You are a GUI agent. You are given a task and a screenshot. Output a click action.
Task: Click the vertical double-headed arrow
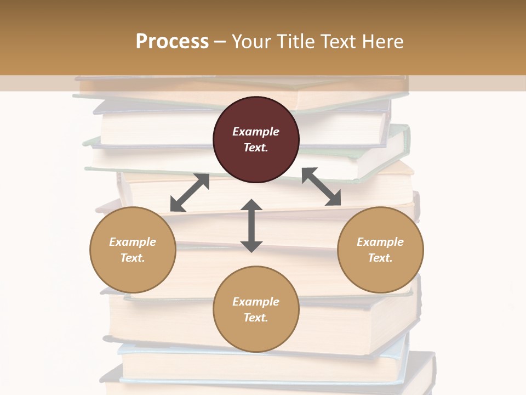251,225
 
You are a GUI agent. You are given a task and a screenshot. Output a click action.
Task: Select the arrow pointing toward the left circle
190,193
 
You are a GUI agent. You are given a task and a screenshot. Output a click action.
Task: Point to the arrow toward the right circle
322,187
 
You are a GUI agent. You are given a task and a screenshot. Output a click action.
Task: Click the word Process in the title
172,41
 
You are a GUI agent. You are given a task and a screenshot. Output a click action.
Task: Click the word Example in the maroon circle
256,132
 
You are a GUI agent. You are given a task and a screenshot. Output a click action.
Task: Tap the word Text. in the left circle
133,258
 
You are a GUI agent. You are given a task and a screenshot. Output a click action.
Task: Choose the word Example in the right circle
380,242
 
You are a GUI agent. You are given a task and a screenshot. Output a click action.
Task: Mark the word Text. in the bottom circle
256,318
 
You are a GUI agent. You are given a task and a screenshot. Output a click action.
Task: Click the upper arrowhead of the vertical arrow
251,206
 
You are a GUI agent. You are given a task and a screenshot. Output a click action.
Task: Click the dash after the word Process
220,41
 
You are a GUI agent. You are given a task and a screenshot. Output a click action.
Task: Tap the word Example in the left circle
133,242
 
